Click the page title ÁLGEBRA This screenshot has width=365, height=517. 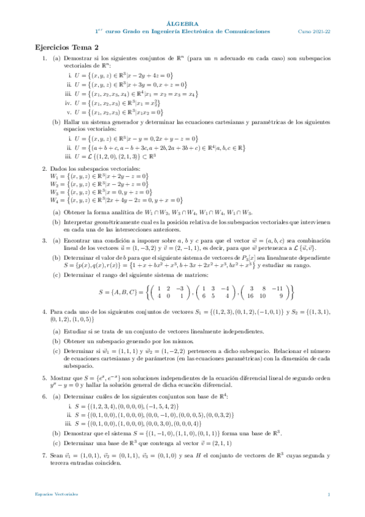pyautogui.click(x=182, y=21)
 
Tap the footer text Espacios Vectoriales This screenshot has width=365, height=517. pyautogui.click(x=52, y=494)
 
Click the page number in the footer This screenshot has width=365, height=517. pyautogui.click(x=328, y=494)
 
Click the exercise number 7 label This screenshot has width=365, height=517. pyautogui.click(x=43, y=455)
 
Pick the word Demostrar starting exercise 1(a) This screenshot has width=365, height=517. pyautogui.click(x=77, y=58)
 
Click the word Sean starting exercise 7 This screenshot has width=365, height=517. pyautogui.click(x=56, y=455)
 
